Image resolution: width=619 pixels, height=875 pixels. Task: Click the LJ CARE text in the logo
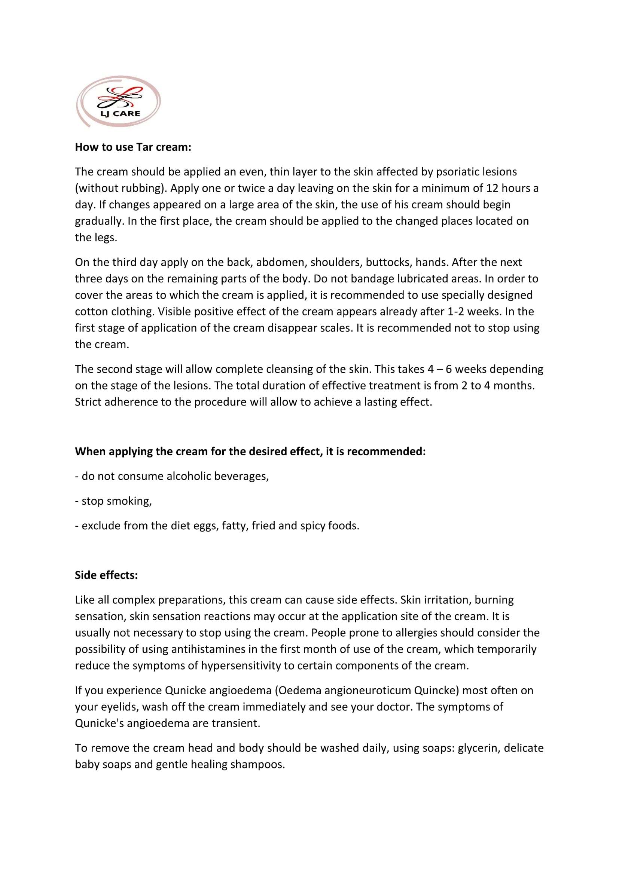(x=120, y=114)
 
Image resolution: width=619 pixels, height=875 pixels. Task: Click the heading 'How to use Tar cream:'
(x=133, y=147)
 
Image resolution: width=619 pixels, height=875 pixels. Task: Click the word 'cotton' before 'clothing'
(x=91, y=312)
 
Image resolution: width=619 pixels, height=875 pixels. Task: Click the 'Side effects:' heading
(x=106, y=575)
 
